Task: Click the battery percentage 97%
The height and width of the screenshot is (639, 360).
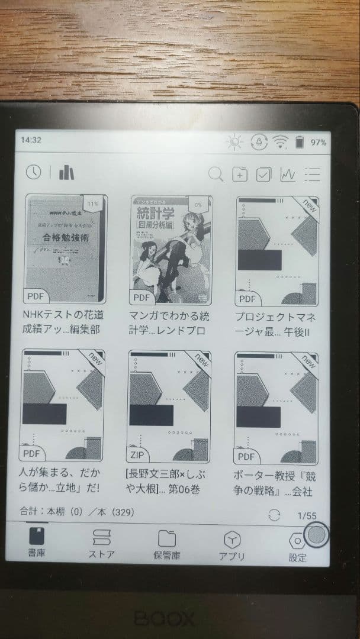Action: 319,142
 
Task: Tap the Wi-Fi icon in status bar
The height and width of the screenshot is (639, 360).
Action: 279,142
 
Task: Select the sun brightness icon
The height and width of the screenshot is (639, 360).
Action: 236,142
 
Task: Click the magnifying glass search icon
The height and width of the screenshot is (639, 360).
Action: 216,174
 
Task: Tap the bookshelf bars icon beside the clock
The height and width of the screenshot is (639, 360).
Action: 67,173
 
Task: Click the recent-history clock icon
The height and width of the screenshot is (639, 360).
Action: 34,172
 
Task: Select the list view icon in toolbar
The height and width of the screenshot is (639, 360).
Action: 312,174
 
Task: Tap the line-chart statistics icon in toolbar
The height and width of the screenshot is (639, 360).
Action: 288,174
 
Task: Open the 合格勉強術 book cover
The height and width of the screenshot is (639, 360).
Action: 65,248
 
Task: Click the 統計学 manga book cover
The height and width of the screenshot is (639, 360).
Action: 171,248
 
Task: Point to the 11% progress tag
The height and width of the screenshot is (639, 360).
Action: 92,204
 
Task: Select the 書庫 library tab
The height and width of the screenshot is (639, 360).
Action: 37,543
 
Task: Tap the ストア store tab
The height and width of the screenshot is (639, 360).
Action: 101,543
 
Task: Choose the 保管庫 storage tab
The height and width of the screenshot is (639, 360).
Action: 167,543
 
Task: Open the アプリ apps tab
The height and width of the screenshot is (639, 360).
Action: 232,543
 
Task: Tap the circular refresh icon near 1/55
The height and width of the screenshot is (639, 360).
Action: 274,515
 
